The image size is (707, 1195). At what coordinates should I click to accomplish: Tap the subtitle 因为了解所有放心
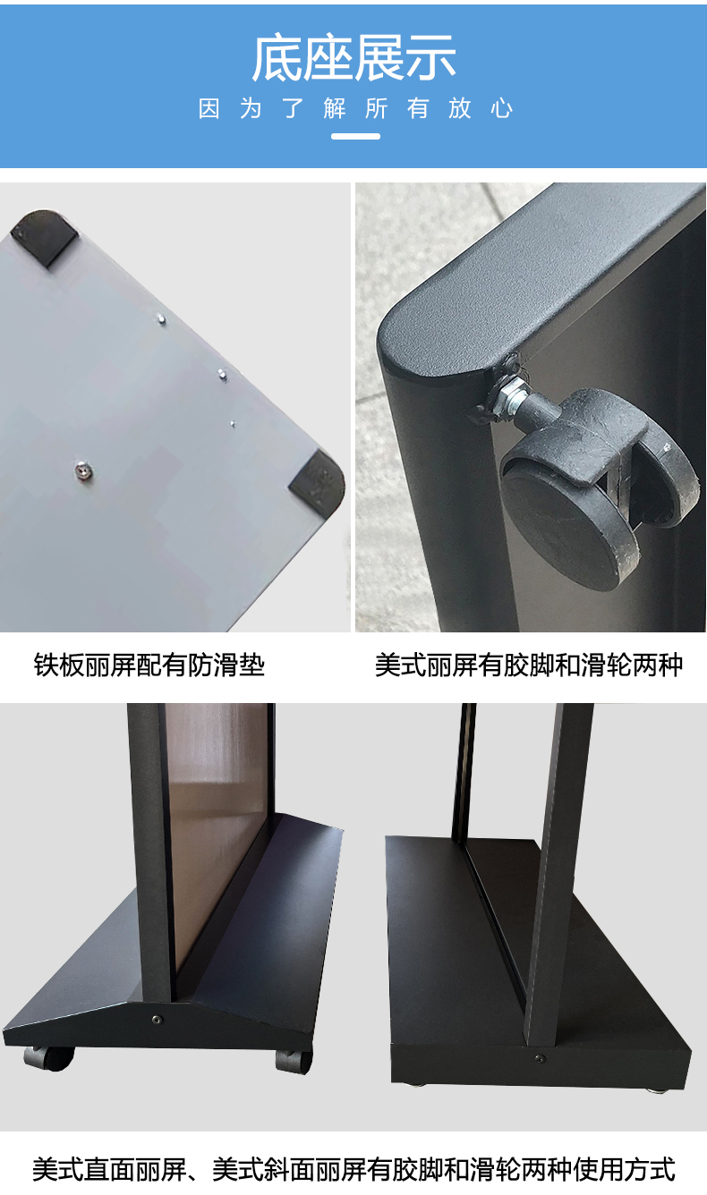(x=355, y=108)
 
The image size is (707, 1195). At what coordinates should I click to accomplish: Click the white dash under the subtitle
(x=355, y=137)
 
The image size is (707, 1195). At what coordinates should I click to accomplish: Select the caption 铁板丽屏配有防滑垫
(x=149, y=665)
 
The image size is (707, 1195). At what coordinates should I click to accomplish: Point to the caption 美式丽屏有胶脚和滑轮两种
(x=529, y=665)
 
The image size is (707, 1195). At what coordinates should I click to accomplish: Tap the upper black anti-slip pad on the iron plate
(x=44, y=237)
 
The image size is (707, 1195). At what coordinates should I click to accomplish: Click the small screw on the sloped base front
(x=156, y=1020)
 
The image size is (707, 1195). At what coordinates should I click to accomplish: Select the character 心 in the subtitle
(x=501, y=108)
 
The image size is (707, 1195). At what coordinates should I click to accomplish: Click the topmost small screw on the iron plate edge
(x=161, y=319)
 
